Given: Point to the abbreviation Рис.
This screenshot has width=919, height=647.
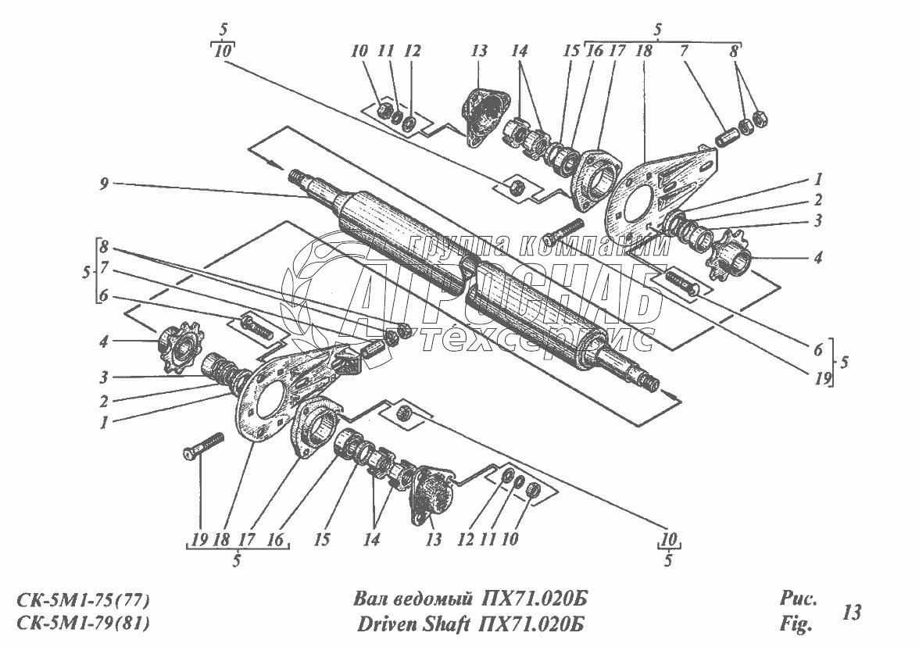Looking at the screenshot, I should point(797,600).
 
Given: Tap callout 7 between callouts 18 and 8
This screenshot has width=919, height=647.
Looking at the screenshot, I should point(684,52).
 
